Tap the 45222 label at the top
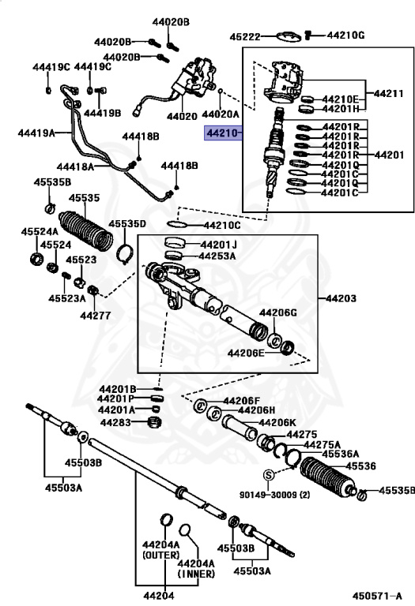[x=245, y=37]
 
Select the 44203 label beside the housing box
[x=341, y=298]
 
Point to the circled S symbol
[x=268, y=474]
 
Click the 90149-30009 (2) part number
[x=274, y=495]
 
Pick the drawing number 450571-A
[x=377, y=596]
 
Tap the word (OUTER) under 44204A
[x=161, y=555]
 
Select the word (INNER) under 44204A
[x=196, y=574]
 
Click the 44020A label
[x=221, y=114]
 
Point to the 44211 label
[x=388, y=94]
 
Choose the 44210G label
[x=345, y=36]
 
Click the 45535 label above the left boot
[x=84, y=198]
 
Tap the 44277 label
[x=95, y=316]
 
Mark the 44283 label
[x=115, y=422]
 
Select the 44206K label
[x=277, y=423]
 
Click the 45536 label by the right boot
[x=360, y=466]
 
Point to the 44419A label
[x=36, y=133]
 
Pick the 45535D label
[x=127, y=224]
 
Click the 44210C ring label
[x=222, y=226]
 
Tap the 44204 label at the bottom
[x=158, y=596]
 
